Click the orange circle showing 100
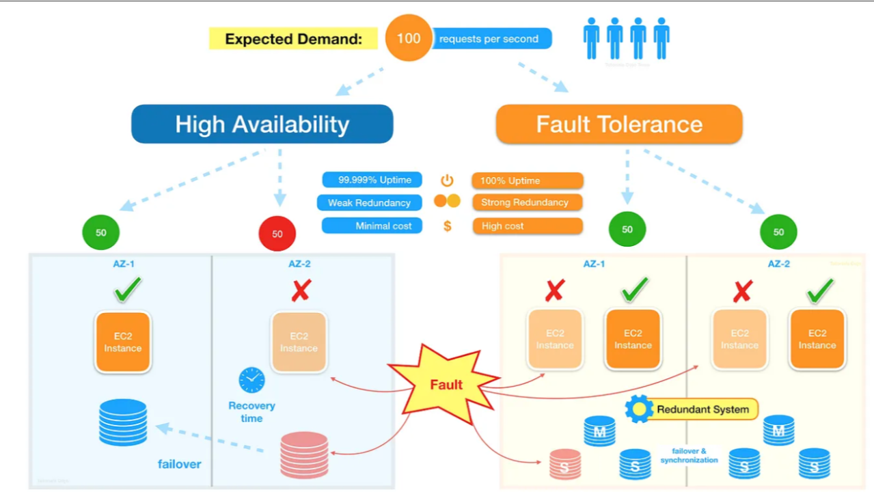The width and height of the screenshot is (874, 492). click(x=408, y=38)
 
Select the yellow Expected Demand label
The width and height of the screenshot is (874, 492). click(x=293, y=39)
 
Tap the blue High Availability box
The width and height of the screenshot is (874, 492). click(x=262, y=124)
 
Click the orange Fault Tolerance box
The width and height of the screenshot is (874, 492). click(x=618, y=124)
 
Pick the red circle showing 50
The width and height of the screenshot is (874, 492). click(x=277, y=234)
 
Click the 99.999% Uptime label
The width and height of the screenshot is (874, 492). click(x=372, y=180)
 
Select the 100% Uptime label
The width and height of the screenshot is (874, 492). click(x=527, y=181)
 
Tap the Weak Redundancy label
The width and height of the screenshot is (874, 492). click(x=369, y=203)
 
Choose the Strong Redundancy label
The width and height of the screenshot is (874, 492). click(x=527, y=203)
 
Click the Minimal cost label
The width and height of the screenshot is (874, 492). click(x=372, y=226)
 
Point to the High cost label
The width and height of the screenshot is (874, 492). click(x=527, y=226)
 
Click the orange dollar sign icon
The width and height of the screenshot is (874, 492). click(x=447, y=226)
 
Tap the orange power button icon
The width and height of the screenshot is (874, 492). click(x=447, y=180)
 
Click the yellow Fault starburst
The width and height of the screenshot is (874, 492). click(x=445, y=384)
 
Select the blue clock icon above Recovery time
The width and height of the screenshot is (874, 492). click(x=251, y=380)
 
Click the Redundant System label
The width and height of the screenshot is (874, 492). click(x=703, y=410)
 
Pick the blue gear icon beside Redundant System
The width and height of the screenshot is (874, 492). click(x=640, y=409)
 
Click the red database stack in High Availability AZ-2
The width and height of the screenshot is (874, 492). click(x=304, y=454)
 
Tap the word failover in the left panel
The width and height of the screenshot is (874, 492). click(x=179, y=464)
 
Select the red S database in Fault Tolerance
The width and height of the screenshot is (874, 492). click(x=565, y=464)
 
